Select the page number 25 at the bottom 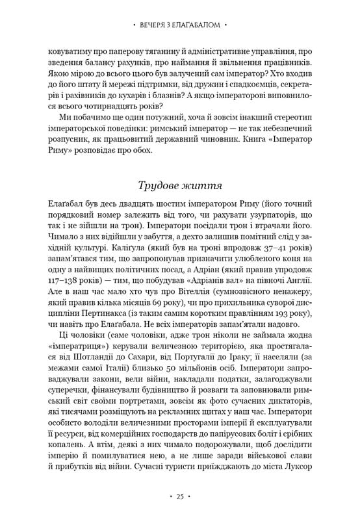[179, 497]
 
